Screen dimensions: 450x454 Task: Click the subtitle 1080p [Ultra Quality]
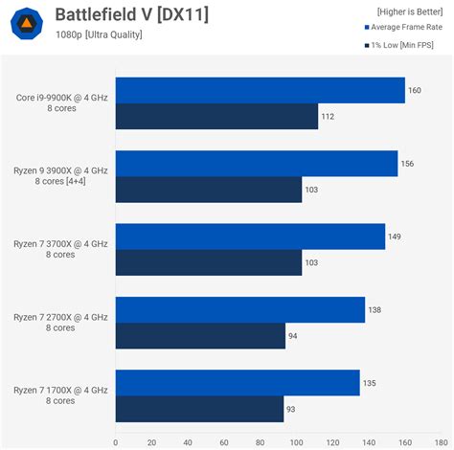99,35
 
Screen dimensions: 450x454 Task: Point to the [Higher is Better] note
410,11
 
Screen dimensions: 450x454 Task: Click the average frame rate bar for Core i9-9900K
260,90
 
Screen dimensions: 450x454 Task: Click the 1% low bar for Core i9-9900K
216,117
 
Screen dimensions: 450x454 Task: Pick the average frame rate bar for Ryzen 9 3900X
256,164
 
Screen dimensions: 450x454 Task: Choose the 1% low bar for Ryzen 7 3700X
208,262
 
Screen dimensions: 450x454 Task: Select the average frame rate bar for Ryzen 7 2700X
239,309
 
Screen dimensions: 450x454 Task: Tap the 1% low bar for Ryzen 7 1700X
199,409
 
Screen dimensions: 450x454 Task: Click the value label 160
415,91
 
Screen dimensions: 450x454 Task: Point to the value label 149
395,236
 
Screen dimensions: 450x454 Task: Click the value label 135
369,383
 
